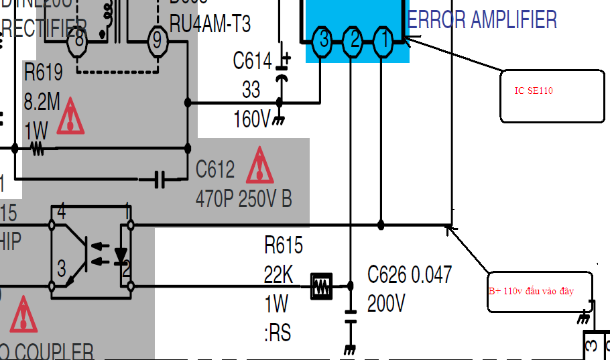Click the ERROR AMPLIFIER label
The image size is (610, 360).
point(482,20)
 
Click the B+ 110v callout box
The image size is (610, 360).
point(539,292)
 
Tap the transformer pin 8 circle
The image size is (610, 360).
point(79,41)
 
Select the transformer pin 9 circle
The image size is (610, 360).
point(157,41)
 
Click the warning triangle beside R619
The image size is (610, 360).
point(70,119)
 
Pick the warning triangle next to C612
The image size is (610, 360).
point(259,167)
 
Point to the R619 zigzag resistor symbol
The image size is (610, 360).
point(37,147)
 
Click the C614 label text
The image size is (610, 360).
point(252,62)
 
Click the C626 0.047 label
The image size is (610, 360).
point(410,274)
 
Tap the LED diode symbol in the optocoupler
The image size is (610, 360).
point(121,255)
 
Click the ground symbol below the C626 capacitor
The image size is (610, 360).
point(349,349)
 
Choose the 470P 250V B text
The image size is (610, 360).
point(244,199)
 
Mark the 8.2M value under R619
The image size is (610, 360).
point(42,102)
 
